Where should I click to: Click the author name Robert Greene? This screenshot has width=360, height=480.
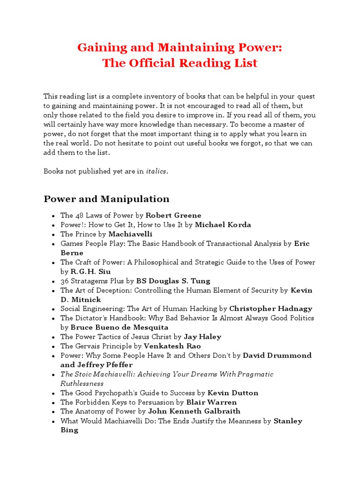point(173,215)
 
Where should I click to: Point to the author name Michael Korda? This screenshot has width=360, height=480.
point(223,225)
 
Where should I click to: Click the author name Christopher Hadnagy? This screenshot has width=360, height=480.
point(271,308)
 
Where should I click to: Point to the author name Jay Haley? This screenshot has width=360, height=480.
point(202,337)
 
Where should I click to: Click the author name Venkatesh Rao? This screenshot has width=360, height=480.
point(173,346)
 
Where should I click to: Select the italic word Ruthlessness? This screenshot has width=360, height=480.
point(82,383)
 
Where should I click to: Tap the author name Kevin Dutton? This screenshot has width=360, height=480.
point(233,393)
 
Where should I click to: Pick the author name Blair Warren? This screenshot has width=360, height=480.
point(211,402)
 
